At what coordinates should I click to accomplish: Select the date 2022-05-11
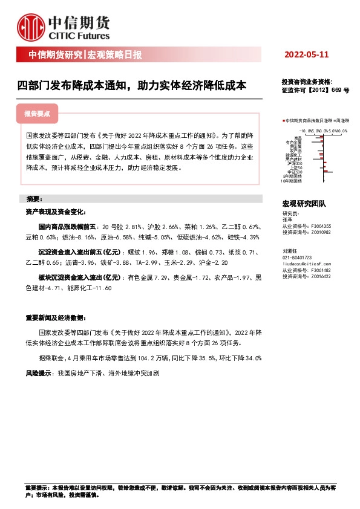306,55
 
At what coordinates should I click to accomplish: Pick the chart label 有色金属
295,142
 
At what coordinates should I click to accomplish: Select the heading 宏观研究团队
304,204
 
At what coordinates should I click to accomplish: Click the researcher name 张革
287,220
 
